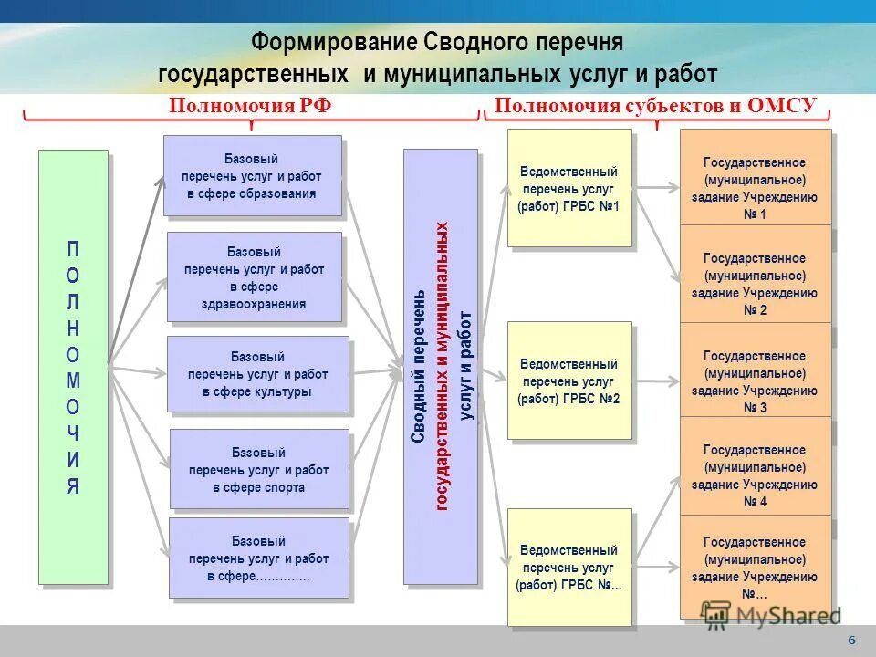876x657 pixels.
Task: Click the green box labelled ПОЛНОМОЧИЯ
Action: [73, 366]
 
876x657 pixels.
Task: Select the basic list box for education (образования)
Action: [252, 176]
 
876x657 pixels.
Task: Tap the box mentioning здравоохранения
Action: [254, 276]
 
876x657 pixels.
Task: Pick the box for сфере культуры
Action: [257, 374]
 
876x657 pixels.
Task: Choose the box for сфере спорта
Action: [259, 469]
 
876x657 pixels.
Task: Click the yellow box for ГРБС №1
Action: [569, 188]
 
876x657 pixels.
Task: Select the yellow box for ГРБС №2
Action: [569, 381]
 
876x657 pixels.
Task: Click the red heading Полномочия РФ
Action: [250, 106]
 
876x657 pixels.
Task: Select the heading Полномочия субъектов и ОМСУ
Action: [654, 106]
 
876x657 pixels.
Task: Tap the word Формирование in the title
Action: [334, 43]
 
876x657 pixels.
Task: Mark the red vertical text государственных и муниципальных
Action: [443, 366]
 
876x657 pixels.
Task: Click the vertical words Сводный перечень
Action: [418, 366]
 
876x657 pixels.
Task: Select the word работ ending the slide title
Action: [683, 73]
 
